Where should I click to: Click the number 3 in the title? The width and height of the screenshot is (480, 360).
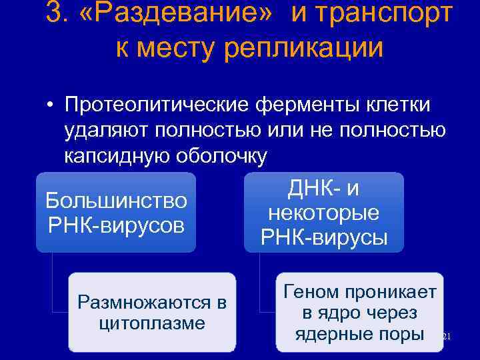55,14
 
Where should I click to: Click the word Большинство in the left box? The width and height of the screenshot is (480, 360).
116,199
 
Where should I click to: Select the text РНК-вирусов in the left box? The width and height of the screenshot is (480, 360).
116,224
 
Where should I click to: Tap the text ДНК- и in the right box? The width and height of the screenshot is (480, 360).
324,189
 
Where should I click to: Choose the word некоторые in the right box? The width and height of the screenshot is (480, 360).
324,213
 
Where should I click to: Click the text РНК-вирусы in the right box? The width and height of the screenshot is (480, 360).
324,238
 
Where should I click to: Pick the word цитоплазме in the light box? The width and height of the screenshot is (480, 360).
151,324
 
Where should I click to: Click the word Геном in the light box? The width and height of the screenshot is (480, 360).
309,292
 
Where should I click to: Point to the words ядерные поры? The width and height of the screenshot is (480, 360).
359,333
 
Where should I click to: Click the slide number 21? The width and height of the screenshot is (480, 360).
447,338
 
